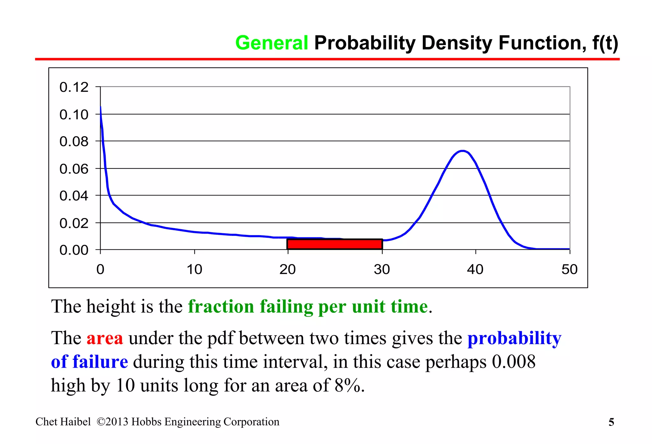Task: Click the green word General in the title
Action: [x=272, y=43]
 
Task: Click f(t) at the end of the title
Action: [x=605, y=43]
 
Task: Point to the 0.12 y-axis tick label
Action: [x=74, y=87]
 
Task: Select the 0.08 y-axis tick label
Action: [x=74, y=141]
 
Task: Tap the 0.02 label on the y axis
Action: [x=74, y=223]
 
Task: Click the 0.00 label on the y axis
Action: [x=74, y=250]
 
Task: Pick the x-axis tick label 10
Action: [x=194, y=270]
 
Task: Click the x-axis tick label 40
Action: [x=475, y=270]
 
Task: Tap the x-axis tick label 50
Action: [x=569, y=270]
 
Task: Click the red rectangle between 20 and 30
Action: [x=335, y=244]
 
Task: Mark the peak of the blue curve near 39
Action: [x=462, y=151]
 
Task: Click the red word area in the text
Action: [x=104, y=338]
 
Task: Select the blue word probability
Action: [x=514, y=338]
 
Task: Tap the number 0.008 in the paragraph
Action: [x=514, y=362]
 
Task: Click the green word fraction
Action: [x=221, y=307]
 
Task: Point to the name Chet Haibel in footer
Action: [x=63, y=422]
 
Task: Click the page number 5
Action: [x=611, y=422]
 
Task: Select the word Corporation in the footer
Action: [x=251, y=422]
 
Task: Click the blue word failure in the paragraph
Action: [x=100, y=362]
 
